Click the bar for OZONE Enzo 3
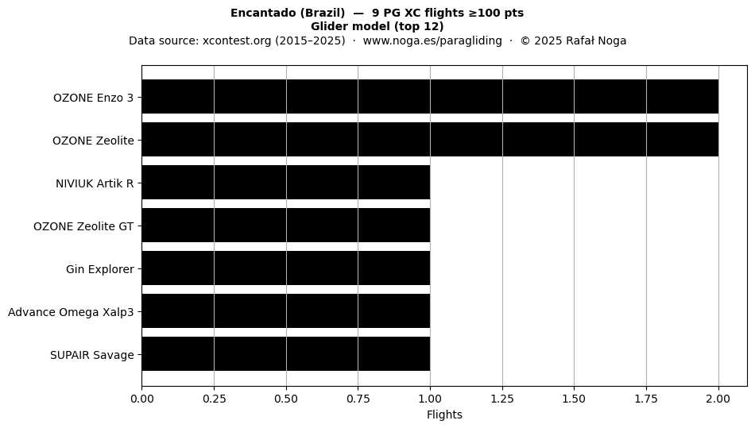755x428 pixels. pos(430,97)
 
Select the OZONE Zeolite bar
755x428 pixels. pos(430,140)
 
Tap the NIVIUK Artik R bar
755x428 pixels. pos(286,183)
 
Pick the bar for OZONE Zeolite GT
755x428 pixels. pos(286,225)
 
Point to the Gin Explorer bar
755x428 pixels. pos(286,268)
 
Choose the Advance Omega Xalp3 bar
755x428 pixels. pos(286,311)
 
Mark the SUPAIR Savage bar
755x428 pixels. pos(286,354)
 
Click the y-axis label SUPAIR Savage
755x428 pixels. pos(92,355)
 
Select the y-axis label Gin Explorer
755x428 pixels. pos(100,269)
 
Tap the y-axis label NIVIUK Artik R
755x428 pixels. pos(95,183)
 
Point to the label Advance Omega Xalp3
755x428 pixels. pos(71,312)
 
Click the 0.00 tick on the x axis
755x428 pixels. pos(142,399)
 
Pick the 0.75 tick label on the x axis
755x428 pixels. pos(358,399)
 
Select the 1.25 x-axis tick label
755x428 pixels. pos(502,399)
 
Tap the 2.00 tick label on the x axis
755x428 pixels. pos(718,399)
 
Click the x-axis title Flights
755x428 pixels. pos(444,415)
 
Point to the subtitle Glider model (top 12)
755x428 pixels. pos(377,26)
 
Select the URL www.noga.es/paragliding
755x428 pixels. pos(432,40)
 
